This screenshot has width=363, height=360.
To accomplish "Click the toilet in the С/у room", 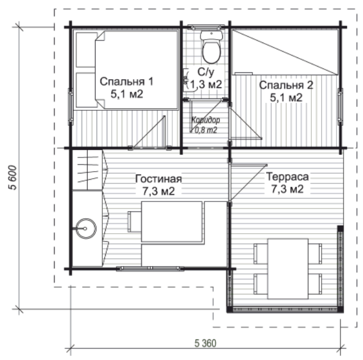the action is (211, 47).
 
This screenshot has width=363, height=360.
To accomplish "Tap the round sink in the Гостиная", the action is (86, 229).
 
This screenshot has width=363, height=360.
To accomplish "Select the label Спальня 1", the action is (126, 82).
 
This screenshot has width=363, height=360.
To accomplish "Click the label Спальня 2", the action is (286, 85).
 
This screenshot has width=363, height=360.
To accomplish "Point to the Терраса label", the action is (288, 176).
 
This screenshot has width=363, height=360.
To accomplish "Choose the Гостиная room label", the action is (159, 179).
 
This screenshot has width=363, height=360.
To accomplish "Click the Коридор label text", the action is (206, 120).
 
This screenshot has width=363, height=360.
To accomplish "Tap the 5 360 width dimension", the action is (206, 343).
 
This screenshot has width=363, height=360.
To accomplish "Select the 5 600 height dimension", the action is (13, 177).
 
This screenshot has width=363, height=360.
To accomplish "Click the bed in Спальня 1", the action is (137, 69).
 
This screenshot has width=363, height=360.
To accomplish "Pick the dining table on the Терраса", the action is (288, 269).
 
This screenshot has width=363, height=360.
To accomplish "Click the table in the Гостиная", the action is (172, 222).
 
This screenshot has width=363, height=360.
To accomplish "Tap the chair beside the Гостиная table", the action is (134, 222).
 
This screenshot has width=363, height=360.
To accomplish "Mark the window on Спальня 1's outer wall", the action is (71, 106).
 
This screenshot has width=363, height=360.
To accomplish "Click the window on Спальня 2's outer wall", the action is (340, 106).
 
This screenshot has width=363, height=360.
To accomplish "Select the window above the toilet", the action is (206, 27).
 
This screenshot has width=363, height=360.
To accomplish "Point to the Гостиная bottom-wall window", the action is (150, 269).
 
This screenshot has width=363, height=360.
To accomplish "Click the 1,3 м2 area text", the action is (206, 84).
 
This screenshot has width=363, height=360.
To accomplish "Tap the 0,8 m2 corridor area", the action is (206, 130).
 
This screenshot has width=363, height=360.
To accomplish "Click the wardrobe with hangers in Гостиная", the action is (87, 170).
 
